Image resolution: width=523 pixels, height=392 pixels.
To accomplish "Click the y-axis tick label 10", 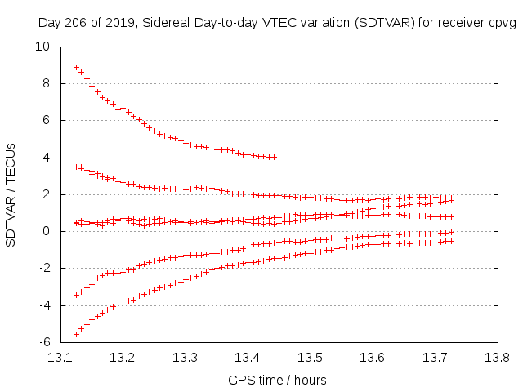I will (41, 47).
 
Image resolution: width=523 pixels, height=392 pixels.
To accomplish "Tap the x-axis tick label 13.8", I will (497, 357).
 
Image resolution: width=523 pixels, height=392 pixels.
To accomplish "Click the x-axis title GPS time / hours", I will (277, 380).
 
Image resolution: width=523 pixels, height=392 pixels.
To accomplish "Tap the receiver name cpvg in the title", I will (500, 23).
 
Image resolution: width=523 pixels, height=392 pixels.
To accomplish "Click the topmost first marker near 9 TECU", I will (76, 68).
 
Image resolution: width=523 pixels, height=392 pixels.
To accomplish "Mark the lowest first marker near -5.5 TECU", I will (76, 334).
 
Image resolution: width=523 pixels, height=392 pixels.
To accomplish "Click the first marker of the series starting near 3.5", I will (76, 167).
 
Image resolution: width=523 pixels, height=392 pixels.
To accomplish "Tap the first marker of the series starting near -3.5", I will (76, 295).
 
